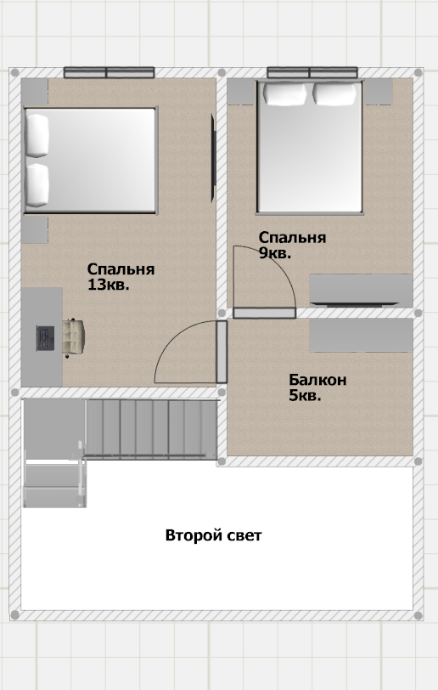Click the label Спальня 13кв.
tap(121, 277)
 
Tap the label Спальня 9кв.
tap(292, 245)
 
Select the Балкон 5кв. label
tap(317, 387)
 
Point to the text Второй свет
tap(213, 535)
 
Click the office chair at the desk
tap(73, 337)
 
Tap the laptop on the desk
tap(45, 338)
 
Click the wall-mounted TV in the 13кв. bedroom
tap(213, 157)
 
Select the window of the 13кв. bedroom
tap(109, 72)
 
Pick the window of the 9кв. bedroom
tap(312, 72)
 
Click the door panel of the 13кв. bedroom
tap(222, 352)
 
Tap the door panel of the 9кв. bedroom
tap(264, 313)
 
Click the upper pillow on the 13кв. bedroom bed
tap(37, 136)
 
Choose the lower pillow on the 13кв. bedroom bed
tap(37, 185)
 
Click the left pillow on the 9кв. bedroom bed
tap(284, 93)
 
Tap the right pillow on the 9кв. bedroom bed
tap(334, 93)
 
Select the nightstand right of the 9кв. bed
tap(379, 92)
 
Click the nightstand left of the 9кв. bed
tap(241, 92)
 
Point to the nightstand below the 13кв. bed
tap(35, 230)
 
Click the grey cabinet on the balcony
tap(361, 336)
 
